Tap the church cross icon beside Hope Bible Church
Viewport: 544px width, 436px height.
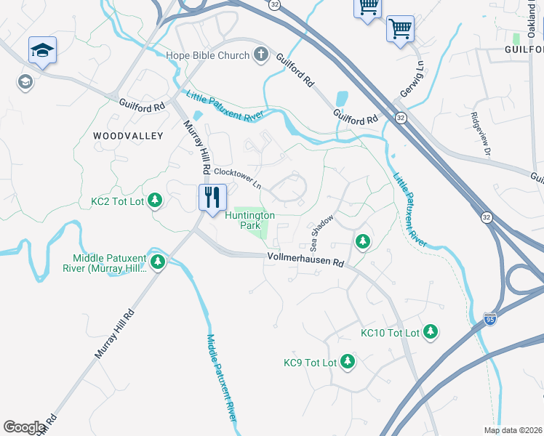click(260, 55)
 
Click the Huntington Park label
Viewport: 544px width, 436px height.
click(249, 221)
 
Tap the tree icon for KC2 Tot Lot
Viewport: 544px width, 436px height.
click(155, 201)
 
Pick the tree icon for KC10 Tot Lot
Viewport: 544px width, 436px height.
click(431, 332)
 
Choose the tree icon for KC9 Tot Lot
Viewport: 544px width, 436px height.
click(348, 362)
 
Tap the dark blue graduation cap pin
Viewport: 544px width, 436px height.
click(42, 50)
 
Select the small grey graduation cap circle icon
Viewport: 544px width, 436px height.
click(25, 82)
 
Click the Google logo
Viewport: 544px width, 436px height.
click(24, 427)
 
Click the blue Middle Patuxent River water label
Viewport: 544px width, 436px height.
click(221, 377)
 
